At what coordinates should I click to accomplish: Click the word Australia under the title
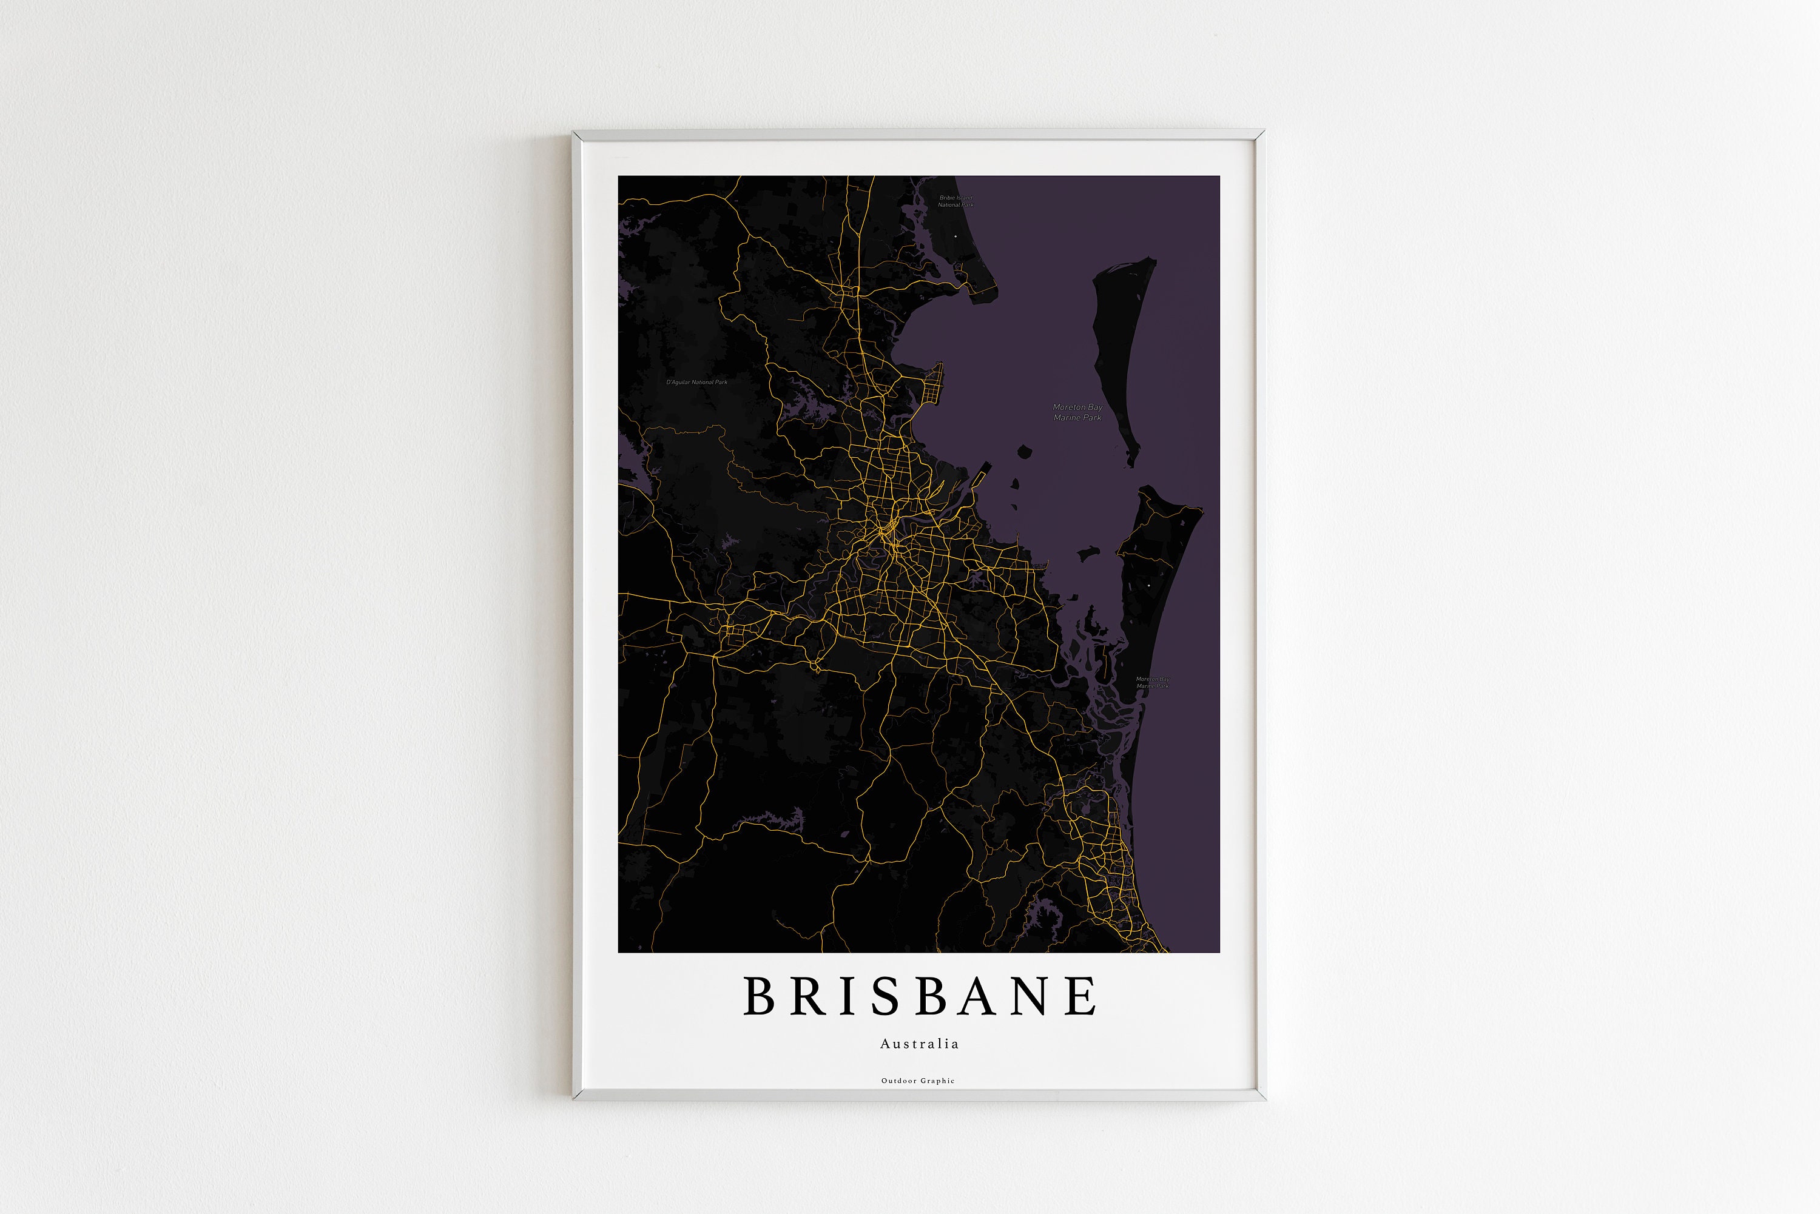[x=919, y=1044]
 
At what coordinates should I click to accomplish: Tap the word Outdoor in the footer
[x=898, y=1081]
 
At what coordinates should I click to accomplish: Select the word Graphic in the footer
[x=938, y=1081]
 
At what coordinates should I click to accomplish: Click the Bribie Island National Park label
[x=955, y=201]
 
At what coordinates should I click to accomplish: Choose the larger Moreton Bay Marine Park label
[x=1077, y=412]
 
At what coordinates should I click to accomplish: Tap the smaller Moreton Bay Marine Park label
[x=1153, y=682]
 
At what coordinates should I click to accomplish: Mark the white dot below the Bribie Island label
[x=955, y=236]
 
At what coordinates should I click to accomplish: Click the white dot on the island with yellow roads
[x=1149, y=586]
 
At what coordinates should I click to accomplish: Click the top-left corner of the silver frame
[x=575, y=133]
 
